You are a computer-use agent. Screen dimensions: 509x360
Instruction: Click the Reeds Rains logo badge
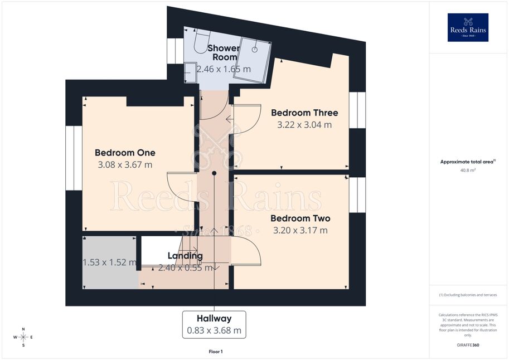pyautogui.click(x=468, y=27)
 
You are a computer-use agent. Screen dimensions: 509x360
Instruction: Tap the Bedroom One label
pyautogui.click(x=125, y=153)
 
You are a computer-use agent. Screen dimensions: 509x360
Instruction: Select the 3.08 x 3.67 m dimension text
pyautogui.click(x=125, y=164)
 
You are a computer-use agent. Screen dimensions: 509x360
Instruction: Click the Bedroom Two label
pyautogui.click(x=300, y=218)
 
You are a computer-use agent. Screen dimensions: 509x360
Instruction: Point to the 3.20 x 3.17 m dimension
pyautogui.click(x=300, y=230)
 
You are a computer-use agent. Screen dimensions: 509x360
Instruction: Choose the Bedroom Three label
pyautogui.click(x=304, y=113)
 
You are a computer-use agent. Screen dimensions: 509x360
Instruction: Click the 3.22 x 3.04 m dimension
pyautogui.click(x=304, y=125)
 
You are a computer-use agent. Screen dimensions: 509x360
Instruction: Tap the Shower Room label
pyautogui.click(x=224, y=52)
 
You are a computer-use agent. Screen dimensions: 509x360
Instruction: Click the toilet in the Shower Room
pyautogui.click(x=200, y=41)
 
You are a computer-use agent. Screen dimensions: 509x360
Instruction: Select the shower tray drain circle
pyautogui.click(x=255, y=50)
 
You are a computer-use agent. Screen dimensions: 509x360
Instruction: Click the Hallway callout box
pyautogui.click(x=214, y=325)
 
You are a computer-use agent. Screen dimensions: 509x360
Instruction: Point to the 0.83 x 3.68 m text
pyautogui.click(x=214, y=330)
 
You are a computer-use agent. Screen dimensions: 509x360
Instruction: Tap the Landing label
pyautogui.click(x=185, y=256)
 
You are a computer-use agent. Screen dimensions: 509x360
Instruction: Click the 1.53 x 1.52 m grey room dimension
pyautogui.click(x=109, y=262)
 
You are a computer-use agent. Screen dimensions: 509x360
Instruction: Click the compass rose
pyautogui.click(x=23, y=337)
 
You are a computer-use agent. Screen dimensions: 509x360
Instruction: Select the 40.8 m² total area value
pyautogui.click(x=468, y=170)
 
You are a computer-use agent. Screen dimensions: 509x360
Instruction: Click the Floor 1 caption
pyautogui.click(x=216, y=352)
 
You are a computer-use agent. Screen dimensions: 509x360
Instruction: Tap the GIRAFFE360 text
pyautogui.click(x=468, y=345)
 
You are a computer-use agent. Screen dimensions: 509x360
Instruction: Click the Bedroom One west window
pyautogui.click(x=74, y=158)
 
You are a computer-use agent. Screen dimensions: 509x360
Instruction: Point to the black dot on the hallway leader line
pyautogui.click(x=214, y=173)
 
